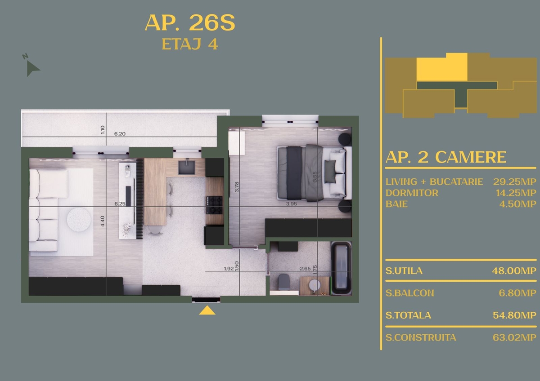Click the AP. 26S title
click(x=190, y=22)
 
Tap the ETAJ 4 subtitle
click(x=190, y=44)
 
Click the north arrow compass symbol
click(x=32, y=67)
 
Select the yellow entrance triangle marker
click(x=207, y=310)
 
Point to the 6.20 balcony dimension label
click(x=120, y=134)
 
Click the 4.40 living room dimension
click(x=103, y=221)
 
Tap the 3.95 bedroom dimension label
click(x=292, y=204)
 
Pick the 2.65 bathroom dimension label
click(x=305, y=269)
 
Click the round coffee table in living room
click(x=79, y=220)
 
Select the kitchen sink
click(x=187, y=168)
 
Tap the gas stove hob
click(x=214, y=205)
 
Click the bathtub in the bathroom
click(x=342, y=268)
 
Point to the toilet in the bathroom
click(x=284, y=282)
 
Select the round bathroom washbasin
click(x=315, y=285)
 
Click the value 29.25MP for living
click(x=515, y=182)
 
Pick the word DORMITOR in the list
click(x=412, y=193)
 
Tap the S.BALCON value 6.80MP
click(x=517, y=293)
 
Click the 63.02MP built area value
click(x=515, y=337)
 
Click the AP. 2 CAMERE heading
click(x=446, y=157)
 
